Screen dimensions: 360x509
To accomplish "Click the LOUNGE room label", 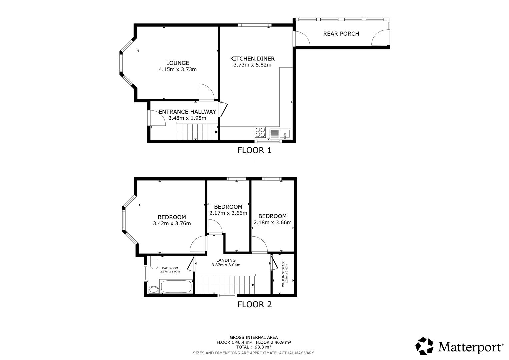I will (x=178, y=63).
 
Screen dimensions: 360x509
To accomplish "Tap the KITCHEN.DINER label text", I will (x=252, y=59).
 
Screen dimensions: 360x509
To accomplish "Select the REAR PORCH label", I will (x=341, y=34).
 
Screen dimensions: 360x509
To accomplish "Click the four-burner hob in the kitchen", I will (x=260, y=132).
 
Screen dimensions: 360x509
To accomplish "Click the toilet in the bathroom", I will (x=154, y=263).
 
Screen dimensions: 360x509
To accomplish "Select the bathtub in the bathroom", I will (x=176, y=286).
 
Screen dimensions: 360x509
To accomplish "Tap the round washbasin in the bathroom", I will (x=154, y=290).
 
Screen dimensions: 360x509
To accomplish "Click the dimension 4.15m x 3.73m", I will (x=178, y=70).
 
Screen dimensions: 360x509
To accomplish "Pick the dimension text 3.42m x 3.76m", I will (x=172, y=223).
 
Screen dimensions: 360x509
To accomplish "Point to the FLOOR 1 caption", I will (x=254, y=150).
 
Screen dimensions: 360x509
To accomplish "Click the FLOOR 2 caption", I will (x=254, y=304).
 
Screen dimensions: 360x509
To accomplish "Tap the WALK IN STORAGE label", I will (x=283, y=273).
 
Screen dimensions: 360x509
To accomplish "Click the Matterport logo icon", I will (x=424, y=346).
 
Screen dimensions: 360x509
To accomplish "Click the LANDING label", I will (x=226, y=260).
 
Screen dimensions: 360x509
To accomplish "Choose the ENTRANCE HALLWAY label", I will (x=187, y=112).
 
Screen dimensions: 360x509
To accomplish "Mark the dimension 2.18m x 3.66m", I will (x=272, y=223).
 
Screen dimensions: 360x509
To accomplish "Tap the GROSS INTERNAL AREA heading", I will (x=254, y=337).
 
